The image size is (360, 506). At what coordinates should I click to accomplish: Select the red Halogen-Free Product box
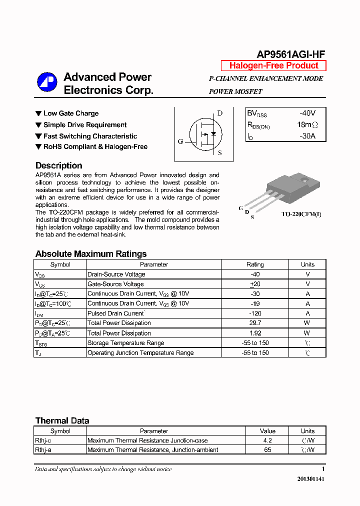point(273,65)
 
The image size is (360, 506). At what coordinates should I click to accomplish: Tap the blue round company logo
point(47,82)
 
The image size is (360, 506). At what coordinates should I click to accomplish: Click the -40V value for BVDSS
point(307,113)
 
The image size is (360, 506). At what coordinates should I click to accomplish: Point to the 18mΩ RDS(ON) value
point(307,124)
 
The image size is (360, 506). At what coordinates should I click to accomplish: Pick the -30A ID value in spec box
point(307,135)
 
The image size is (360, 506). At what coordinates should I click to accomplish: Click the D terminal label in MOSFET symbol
point(219,113)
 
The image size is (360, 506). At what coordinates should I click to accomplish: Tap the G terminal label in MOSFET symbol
point(180,141)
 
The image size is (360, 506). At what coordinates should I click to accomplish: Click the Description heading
point(59,165)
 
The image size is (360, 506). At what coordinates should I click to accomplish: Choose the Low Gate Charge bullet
point(70,113)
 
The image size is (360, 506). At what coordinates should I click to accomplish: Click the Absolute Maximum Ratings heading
point(91,253)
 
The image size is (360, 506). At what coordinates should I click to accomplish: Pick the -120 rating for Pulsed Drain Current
point(255,313)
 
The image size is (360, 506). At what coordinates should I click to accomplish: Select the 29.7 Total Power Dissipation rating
point(255,323)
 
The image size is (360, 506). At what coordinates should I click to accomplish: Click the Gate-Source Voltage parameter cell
point(115,284)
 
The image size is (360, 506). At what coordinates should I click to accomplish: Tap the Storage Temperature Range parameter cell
point(125,343)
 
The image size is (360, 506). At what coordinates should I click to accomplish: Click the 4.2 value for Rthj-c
point(267,440)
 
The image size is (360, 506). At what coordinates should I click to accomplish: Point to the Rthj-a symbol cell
point(43,450)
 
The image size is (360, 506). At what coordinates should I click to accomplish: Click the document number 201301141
point(311,479)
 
